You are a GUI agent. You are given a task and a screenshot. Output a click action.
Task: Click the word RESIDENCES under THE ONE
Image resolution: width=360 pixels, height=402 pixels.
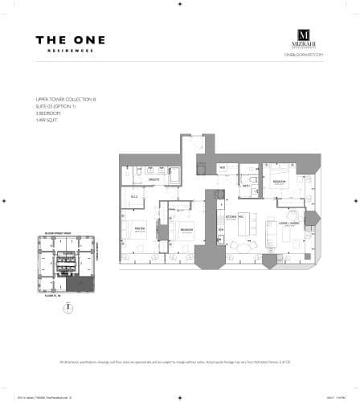pos(71,51)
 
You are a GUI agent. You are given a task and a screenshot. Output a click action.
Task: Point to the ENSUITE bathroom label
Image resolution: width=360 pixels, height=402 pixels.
pos(153,179)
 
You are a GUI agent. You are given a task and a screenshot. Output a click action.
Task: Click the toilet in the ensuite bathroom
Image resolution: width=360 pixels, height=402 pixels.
pos(139,171)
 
